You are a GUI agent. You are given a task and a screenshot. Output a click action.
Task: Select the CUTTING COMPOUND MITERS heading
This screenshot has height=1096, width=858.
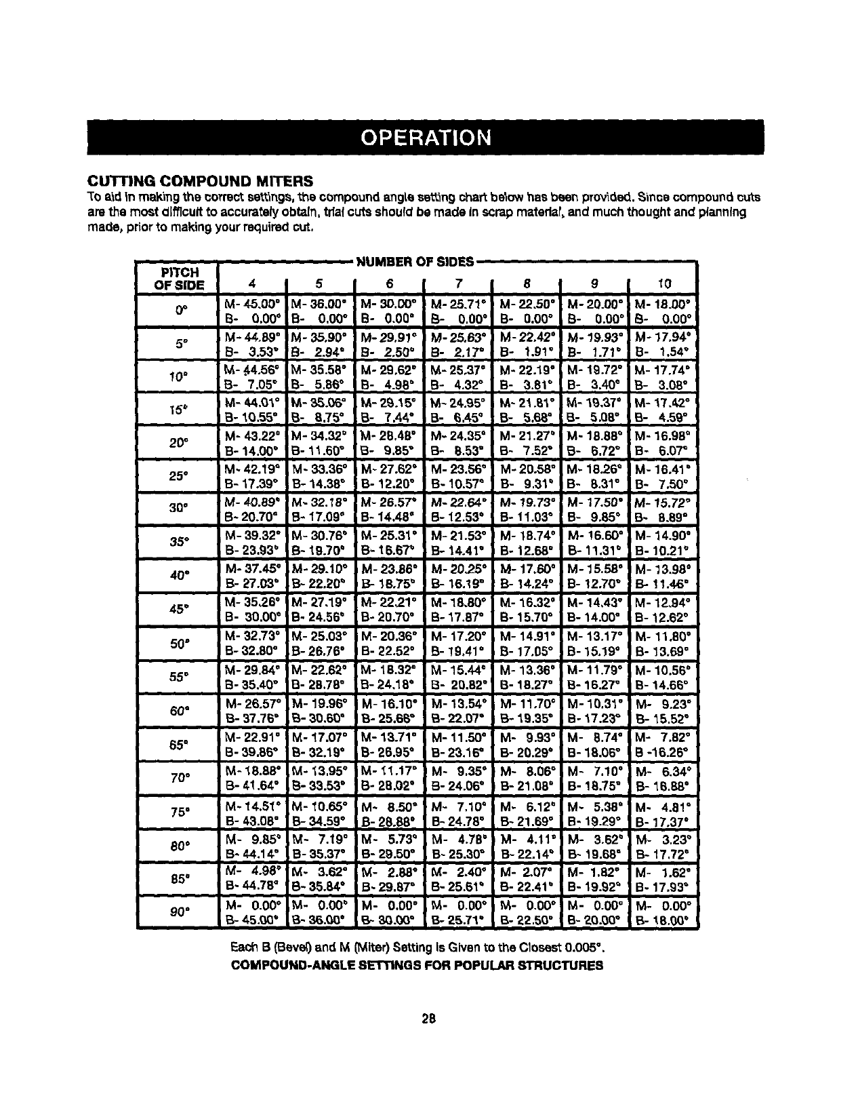point(201,181)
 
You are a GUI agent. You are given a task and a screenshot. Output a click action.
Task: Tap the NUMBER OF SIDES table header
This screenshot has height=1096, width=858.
point(415,261)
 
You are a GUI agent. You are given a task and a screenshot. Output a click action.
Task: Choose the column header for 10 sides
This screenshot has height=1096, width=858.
point(663,285)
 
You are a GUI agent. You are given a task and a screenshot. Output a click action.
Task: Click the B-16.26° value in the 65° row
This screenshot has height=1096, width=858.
point(661,751)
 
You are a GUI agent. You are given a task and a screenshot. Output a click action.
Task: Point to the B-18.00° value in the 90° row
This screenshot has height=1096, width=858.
point(661,920)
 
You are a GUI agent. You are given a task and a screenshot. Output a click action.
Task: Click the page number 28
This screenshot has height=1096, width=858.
point(428,1017)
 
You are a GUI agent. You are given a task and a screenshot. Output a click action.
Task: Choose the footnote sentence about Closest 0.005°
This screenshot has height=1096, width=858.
point(415,947)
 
